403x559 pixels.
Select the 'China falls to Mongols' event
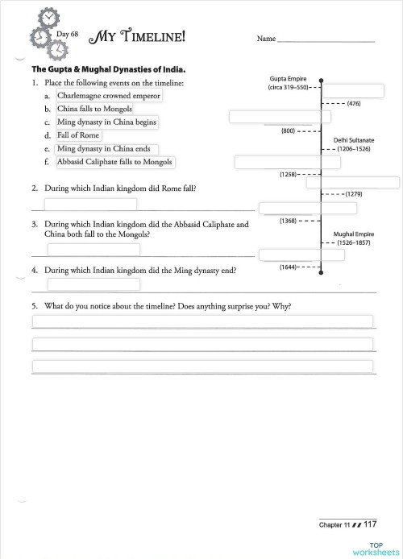pos(94,109)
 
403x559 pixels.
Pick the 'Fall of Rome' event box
pos(78,135)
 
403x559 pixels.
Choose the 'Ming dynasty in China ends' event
pos(106,149)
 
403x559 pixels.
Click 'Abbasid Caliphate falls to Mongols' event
pos(114,162)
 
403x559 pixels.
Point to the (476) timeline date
pos(353,104)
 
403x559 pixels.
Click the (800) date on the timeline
pos(288,130)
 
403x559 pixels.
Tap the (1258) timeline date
pos(289,174)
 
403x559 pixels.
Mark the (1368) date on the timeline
pos(289,220)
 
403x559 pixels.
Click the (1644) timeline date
pos(289,266)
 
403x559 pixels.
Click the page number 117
pos(370,524)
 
